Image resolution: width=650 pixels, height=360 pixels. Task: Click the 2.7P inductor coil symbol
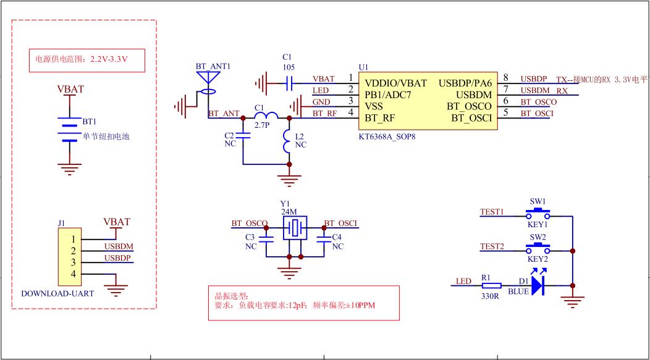pos(266,115)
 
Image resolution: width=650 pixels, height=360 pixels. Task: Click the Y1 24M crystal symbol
pos(294,228)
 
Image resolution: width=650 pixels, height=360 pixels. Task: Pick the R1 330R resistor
pos(491,286)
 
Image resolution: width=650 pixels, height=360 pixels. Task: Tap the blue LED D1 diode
pos(537,285)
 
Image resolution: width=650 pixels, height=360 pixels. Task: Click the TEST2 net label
pos(492,246)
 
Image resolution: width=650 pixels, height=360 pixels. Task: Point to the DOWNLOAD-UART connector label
pos(57,294)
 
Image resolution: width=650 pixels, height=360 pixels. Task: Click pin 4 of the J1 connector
pos(74,274)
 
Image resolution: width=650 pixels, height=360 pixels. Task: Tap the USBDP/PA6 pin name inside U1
pos(465,83)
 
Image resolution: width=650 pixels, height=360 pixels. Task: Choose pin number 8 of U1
pos(505,78)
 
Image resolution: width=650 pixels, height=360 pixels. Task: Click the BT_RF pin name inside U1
pos(381,117)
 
